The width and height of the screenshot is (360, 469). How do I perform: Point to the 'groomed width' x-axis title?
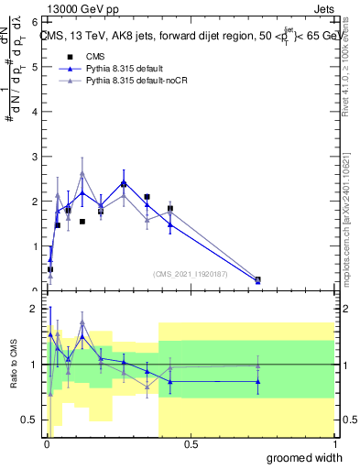tap(305, 457)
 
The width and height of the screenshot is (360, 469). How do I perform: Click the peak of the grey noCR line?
tap(108, 173)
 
